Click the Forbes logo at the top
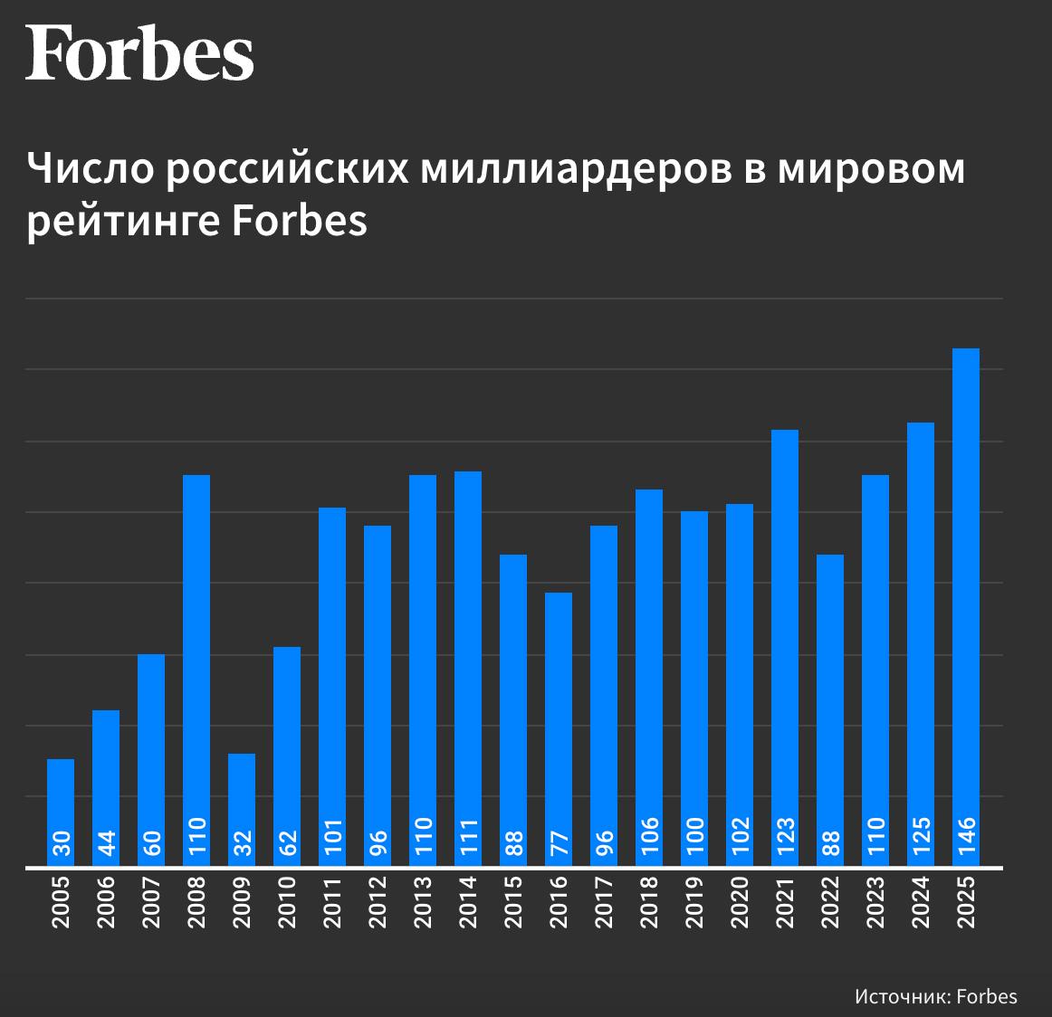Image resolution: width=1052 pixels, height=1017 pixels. point(139,52)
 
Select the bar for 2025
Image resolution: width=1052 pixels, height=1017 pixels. point(966,588)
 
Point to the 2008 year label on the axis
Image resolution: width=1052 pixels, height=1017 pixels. point(196,902)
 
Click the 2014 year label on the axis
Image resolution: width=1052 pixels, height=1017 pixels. point(468,902)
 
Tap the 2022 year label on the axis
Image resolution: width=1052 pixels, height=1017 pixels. point(830,902)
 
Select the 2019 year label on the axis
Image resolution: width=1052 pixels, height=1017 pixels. point(694,902)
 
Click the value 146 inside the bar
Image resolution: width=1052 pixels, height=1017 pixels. point(966,838)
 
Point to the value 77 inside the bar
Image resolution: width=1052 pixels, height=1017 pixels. point(559,843)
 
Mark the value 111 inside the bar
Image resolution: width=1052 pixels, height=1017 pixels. point(468,838)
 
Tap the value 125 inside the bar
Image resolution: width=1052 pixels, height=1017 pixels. point(921,838)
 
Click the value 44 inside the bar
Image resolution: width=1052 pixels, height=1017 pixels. point(106,843)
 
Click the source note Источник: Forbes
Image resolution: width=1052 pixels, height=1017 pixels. point(935,995)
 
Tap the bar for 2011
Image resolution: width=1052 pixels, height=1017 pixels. point(332,670)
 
